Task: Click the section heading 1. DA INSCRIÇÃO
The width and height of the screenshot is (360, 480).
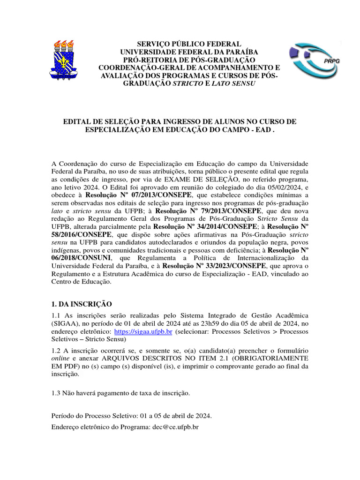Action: pos(81,305)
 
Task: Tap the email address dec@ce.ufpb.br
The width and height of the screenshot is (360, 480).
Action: pos(172,427)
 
